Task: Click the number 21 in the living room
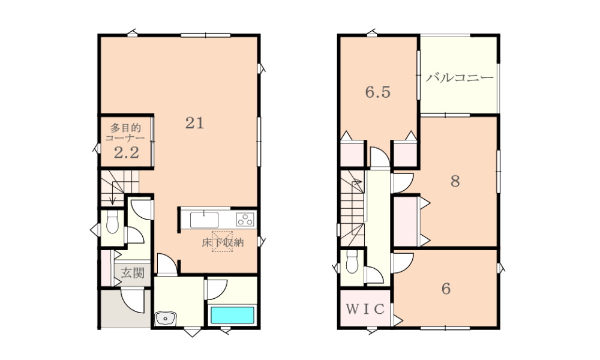coord(195,123)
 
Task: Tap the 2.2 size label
coord(127,152)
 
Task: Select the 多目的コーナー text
coord(125,133)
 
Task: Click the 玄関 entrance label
coord(133,273)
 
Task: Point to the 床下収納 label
coord(223,242)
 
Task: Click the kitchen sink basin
coord(205,220)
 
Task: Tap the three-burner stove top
coord(245,220)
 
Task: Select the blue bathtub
coord(232,315)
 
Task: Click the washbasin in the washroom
coord(166,318)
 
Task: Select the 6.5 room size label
coord(377,92)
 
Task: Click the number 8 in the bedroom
coord(455,181)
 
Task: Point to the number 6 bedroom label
coord(446,289)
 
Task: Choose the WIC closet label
coord(365,309)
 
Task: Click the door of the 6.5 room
coord(380,157)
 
